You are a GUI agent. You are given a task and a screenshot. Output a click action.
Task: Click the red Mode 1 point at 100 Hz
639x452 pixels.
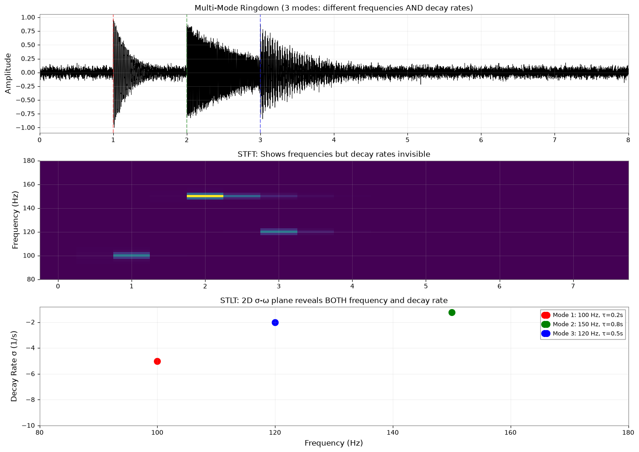click(x=157, y=361)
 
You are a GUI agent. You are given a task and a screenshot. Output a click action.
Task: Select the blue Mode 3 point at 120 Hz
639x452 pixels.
click(x=275, y=322)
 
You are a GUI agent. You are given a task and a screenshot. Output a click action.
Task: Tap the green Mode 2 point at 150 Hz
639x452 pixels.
click(x=452, y=313)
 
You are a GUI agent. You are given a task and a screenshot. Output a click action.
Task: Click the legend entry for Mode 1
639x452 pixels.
click(x=582, y=315)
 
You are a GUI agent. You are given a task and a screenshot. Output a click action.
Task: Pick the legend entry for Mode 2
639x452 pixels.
click(x=582, y=324)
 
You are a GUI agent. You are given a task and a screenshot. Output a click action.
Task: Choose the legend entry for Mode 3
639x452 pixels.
click(x=582, y=334)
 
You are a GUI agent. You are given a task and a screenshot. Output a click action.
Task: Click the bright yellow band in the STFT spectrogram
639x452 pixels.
click(x=205, y=196)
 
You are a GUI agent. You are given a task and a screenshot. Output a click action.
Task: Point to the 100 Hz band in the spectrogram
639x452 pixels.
click(x=132, y=256)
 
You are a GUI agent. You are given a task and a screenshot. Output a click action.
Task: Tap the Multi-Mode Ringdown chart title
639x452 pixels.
click(x=334, y=8)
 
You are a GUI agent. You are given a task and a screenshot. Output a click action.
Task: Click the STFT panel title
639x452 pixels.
click(x=334, y=154)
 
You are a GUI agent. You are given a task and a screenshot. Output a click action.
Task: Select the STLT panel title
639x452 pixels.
click(x=334, y=300)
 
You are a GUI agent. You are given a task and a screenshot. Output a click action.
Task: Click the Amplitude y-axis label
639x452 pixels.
click(x=8, y=74)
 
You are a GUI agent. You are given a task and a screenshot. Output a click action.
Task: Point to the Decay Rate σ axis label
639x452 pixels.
click(x=14, y=366)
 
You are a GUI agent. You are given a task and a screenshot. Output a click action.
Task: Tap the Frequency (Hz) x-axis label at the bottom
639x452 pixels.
click(x=334, y=443)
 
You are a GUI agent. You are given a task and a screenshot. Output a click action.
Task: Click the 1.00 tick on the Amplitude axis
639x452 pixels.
click(x=28, y=17)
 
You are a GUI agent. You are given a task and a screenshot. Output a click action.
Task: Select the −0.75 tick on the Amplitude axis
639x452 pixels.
click(x=26, y=114)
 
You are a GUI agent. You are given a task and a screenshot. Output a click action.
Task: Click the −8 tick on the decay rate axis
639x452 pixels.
click(x=30, y=400)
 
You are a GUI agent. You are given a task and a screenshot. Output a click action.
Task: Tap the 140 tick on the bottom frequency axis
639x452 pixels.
click(x=393, y=433)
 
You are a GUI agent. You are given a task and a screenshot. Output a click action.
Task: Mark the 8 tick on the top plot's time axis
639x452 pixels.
click(x=628, y=140)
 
